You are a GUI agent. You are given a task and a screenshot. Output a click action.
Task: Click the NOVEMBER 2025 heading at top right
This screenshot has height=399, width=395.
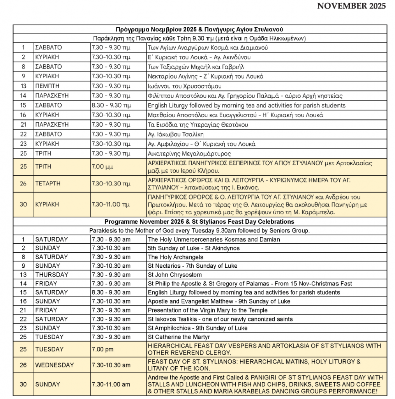(x=351, y=6)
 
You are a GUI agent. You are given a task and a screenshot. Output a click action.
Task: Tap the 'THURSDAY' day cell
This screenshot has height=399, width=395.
(x=49, y=275)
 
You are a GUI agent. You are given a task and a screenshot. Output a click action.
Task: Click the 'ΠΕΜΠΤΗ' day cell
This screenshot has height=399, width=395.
(x=46, y=86)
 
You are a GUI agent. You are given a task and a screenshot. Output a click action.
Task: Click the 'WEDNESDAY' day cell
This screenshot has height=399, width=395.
(x=54, y=365)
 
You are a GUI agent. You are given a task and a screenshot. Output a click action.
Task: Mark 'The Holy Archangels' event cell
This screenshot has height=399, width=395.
(x=175, y=257)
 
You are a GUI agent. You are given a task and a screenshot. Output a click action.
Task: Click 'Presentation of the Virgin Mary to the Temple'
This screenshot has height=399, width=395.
(x=208, y=310)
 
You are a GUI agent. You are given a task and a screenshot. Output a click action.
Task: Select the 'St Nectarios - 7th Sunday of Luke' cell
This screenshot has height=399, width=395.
(x=192, y=266)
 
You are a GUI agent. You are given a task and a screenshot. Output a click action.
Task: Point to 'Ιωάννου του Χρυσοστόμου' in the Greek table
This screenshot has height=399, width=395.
(x=185, y=86)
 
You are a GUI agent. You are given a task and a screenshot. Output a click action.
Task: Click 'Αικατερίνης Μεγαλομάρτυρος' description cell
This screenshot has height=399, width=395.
(x=189, y=154)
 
